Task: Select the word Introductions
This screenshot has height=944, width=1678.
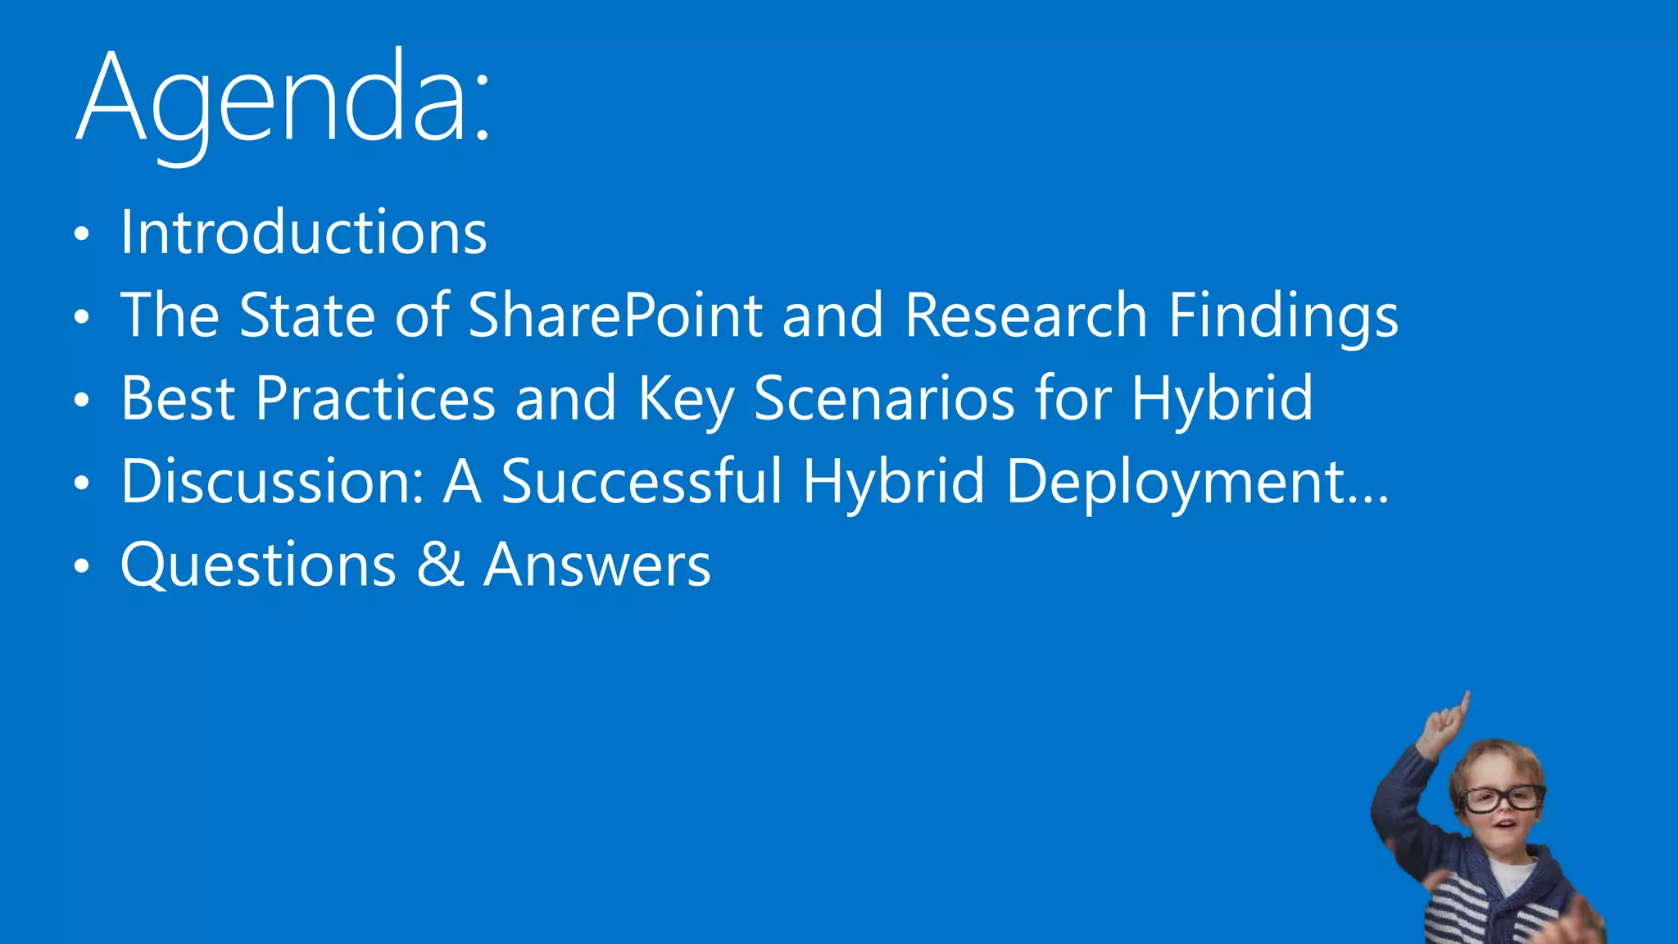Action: [x=304, y=233]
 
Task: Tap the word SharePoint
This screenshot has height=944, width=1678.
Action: [x=615, y=315]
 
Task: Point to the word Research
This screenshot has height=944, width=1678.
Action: [x=1026, y=315]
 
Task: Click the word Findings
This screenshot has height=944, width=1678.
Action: [x=1283, y=317]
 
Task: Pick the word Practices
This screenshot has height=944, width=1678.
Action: [x=375, y=399]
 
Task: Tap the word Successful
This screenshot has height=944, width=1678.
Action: [x=642, y=482]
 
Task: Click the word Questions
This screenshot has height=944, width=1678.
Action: [x=259, y=565]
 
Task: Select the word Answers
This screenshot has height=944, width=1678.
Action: [x=597, y=565]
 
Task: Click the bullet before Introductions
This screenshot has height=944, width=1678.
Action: [x=80, y=235]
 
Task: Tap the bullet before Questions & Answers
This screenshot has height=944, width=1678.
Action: [x=80, y=566]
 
